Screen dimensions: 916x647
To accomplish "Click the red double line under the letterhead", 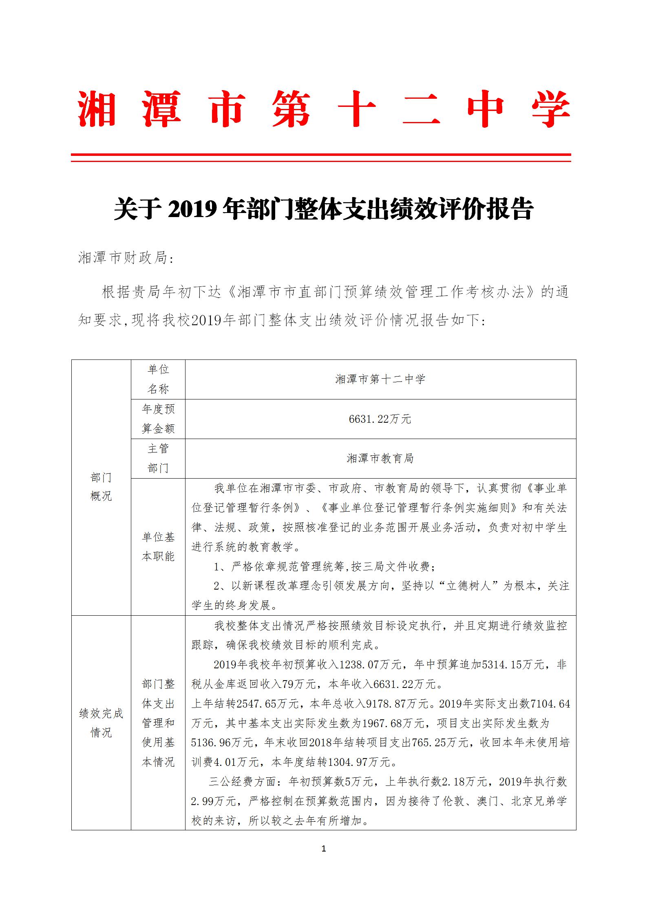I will click(321, 157).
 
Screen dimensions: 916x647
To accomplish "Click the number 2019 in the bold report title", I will click(192, 210).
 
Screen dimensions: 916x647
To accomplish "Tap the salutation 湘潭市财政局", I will click(123, 258).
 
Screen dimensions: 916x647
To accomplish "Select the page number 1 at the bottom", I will click(324, 848).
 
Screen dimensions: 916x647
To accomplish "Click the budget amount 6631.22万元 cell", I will click(380, 419).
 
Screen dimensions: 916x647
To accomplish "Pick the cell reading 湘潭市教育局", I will click(380, 459).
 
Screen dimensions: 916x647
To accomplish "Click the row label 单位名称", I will click(158, 379).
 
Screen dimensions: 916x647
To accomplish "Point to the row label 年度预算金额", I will click(158, 419).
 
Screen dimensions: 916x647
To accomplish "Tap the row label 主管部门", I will click(158, 458).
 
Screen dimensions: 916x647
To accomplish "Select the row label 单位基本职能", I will click(158, 547).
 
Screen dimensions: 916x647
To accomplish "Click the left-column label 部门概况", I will click(101, 487).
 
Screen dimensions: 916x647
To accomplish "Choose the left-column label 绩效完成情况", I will click(101, 723).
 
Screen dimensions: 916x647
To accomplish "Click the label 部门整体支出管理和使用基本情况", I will click(158, 723).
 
